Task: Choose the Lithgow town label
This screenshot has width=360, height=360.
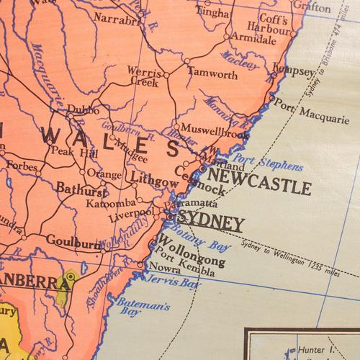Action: point(154,184)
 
